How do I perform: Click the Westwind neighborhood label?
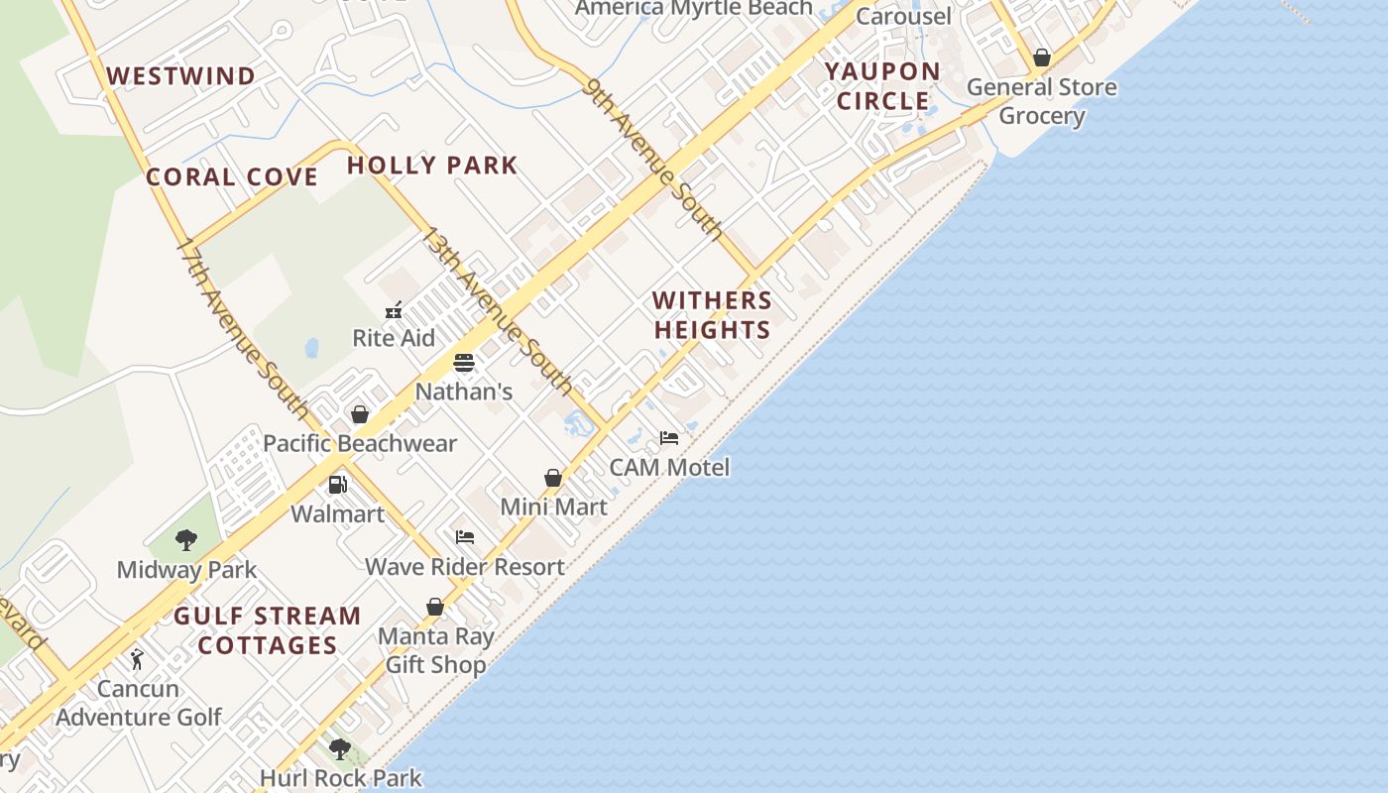click(x=180, y=76)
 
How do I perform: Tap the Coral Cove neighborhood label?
click(x=232, y=177)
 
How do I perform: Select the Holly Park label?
click(x=432, y=166)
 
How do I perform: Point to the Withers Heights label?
click(x=712, y=315)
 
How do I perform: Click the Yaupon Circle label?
click(x=882, y=86)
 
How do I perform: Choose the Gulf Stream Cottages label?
click(x=268, y=630)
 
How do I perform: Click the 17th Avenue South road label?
click(x=242, y=326)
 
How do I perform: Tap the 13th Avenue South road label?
click(x=497, y=310)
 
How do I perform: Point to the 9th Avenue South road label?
click(x=654, y=160)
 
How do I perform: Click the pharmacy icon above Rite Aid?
click(x=394, y=310)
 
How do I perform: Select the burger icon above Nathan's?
click(x=464, y=363)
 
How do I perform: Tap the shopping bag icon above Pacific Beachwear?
click(x=360, y=414)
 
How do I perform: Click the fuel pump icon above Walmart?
click(x=337, y=485)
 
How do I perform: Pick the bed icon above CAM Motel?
click(x=669, y=438)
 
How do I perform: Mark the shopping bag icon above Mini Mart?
click(x=553, y=479)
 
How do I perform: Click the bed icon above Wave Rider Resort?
click(x=465, y=537)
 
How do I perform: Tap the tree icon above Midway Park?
click(x=185, y=540)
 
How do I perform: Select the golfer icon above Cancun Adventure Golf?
click(x=138, y=659)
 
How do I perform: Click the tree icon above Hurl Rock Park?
click(x=340, y=748)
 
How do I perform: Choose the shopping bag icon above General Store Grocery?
click(x=1041, y=58)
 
